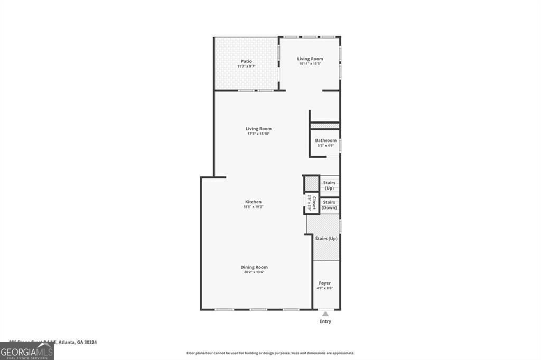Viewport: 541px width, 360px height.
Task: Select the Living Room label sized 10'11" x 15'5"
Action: click(x=310, y=59)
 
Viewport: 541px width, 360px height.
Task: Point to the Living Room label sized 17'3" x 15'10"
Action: click(x=258, y=129)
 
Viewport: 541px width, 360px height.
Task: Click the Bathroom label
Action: click(x=325, y=140)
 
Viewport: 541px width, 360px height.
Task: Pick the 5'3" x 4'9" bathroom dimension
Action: click(x=325, y=146)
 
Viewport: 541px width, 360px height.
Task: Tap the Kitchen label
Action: click(x=253, y=202)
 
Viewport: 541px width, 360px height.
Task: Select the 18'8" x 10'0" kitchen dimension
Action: click(x=253, y=207)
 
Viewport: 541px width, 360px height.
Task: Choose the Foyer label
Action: click(x=324, y=283)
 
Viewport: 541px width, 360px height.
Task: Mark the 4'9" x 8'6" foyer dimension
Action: click(x=324, y=289)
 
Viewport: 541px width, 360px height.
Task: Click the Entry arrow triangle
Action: click(x=325, y=314)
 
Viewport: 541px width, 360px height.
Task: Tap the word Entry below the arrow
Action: click(x=325, y=321)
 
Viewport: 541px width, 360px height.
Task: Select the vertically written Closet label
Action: click(x=314, y=203)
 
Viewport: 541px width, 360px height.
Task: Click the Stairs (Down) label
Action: click(x=329, y=205)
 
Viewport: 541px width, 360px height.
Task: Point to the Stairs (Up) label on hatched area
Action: click(x=326, y=239)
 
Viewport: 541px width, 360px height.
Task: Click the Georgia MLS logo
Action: click(x=26, y=351)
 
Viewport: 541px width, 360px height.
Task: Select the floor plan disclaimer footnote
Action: click(x=270, y=353)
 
